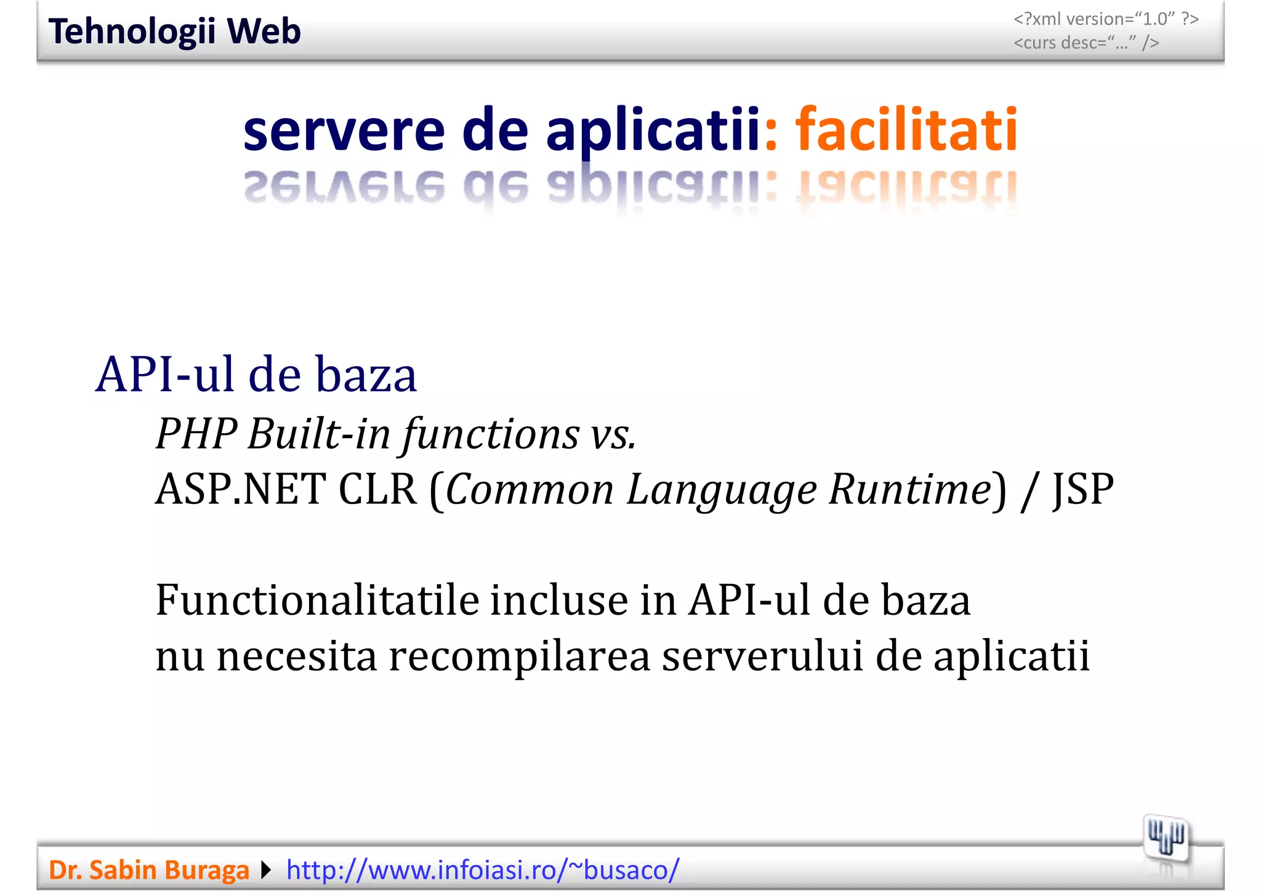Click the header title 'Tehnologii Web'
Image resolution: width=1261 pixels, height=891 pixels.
[174, 31]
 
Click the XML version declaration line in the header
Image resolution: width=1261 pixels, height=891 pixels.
[1106, 19]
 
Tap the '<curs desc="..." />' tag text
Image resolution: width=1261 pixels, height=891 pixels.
[1086, 43]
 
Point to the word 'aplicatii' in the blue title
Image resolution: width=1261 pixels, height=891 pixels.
[653, 131]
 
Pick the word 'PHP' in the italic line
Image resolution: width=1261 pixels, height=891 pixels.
[196, 434]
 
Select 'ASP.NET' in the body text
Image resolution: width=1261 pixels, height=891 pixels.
[240, 490]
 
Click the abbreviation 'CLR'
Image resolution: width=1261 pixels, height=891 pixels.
[377, 490]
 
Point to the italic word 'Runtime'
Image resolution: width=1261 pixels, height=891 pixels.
[909, 490]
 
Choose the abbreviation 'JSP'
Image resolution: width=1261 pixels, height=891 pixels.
[1083, 490]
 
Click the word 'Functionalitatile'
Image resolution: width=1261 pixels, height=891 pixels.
[317, 600]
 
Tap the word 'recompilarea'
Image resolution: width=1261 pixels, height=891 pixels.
[519, 657]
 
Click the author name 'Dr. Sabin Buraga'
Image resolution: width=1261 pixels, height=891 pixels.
[148, 870]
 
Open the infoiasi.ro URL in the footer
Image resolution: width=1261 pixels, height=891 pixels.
[483, 870]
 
